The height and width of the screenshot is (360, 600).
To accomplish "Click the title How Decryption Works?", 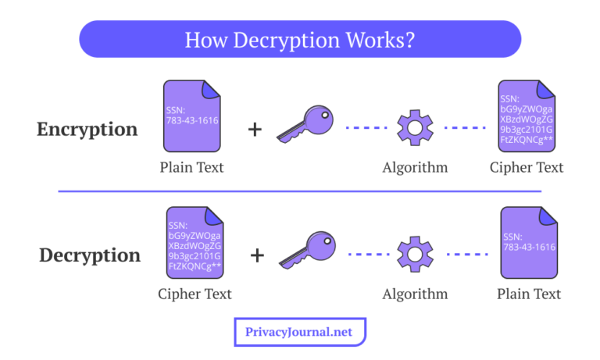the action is tap(300, 40).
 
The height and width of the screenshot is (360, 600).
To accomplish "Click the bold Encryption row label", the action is tap(87, 130).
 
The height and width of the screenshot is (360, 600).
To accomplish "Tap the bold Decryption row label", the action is tap(90, 255).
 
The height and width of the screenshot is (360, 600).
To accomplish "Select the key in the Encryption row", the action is tap(305, 124).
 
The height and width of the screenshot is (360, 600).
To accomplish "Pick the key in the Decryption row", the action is tap(307, 250).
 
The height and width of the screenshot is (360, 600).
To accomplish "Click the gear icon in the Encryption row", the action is tap(415, 127).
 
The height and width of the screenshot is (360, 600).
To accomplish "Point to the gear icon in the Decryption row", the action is tap(415, 254).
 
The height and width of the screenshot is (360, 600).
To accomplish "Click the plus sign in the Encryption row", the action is tap(255, 130).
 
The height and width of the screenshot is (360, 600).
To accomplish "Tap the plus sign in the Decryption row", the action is tap(257, 255).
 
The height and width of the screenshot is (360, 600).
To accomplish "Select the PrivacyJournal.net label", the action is tap(299, 332).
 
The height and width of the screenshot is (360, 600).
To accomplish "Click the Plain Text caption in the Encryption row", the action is tap(191, 167).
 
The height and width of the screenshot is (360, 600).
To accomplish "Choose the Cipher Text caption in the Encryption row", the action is tap(527, 168).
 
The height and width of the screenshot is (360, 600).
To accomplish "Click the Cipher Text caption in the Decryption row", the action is tap(195, 294).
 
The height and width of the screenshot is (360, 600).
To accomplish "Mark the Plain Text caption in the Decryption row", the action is tap(529, 294).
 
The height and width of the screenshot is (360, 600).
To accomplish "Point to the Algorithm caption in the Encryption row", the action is tap(415, 168).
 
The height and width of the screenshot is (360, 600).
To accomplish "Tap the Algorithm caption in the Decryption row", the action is tap(415, 294).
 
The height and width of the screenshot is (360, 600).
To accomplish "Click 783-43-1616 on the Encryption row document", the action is tap(192, 120).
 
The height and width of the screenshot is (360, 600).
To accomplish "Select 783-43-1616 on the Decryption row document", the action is tap(529, 247).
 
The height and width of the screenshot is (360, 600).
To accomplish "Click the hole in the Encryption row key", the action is tap(325, 115).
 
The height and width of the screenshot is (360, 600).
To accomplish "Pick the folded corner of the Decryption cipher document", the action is tap(213, 216).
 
